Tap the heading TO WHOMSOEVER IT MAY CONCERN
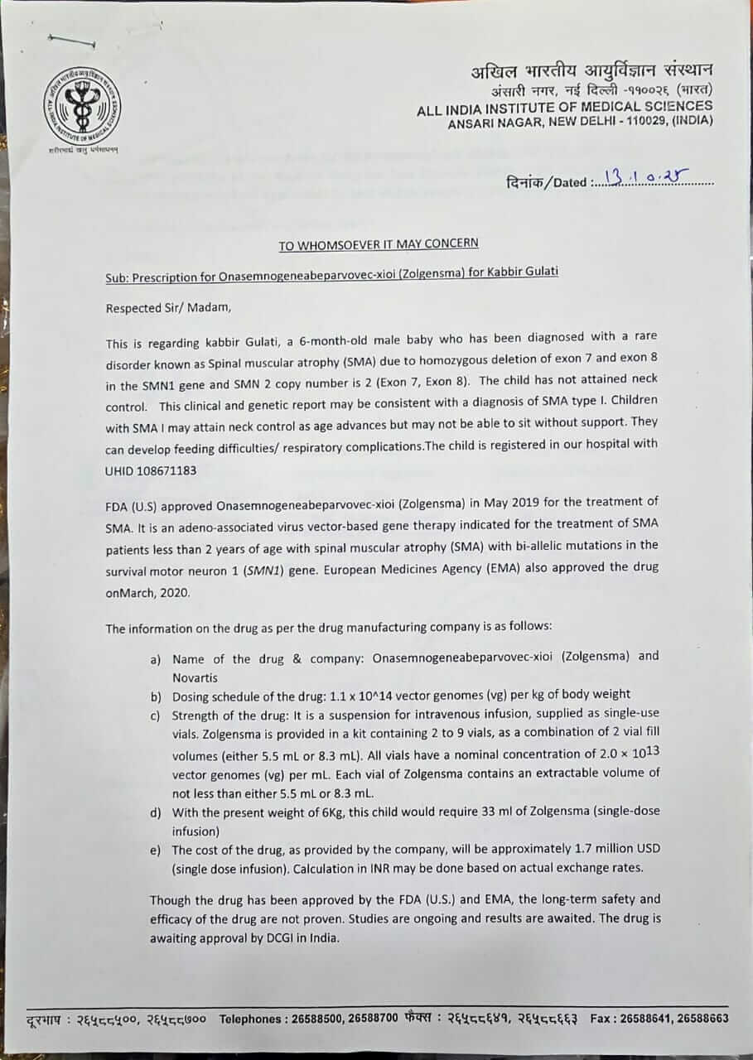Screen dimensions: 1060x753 click(378, 243)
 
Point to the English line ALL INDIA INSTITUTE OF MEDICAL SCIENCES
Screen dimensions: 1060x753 click(565, 106)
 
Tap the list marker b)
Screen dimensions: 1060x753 click(156, 695)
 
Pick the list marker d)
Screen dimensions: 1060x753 click(156, 812)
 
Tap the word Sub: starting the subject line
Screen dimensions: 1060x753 click(117, 272)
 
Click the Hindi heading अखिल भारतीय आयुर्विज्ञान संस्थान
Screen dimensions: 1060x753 click(591, 70)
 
